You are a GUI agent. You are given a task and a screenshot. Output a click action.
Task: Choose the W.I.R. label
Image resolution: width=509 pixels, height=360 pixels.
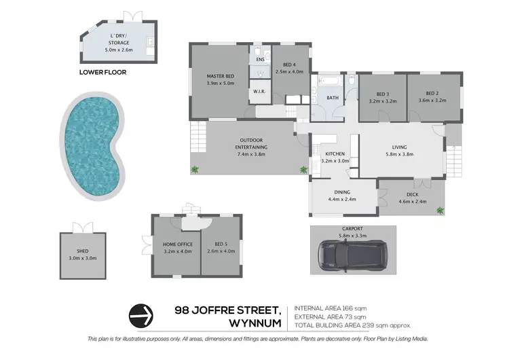[x=259, y=92]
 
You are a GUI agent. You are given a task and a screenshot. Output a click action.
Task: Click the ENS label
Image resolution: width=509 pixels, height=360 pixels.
[x=260, y=60]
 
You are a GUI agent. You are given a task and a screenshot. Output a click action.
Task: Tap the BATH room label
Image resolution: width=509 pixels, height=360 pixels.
[x=333, y=98]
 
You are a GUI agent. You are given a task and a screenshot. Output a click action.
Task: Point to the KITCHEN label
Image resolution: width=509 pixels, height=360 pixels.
[x=335, y=154]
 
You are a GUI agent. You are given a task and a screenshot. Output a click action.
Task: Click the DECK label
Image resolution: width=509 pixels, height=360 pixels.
[x=411, y=194]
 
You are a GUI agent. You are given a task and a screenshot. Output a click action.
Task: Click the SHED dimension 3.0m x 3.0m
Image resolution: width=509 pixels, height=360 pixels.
[x=83, y=258]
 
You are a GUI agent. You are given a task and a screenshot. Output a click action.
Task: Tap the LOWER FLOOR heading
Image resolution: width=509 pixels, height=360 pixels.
[x=102, y=72]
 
